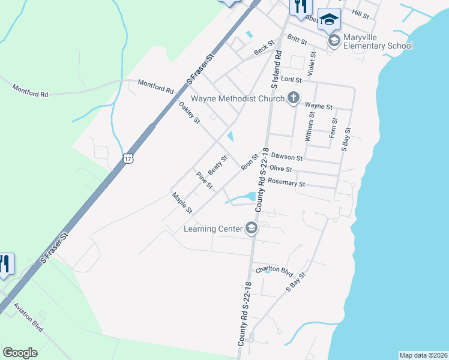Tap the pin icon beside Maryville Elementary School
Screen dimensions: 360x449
(334, 40)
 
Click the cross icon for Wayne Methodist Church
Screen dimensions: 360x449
(293, 98)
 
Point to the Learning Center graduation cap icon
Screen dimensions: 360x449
(252, 228)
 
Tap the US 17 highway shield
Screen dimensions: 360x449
(127, 159)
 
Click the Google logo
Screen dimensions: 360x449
(20, 353)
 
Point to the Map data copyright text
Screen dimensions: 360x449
(423, 355)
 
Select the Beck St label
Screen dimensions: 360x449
(264, 48)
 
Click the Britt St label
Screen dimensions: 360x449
(297, 40)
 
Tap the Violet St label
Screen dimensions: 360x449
(311, 63)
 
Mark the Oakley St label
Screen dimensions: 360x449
(189, 113)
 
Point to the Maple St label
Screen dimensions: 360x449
(181, 203)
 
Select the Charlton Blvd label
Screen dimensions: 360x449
(274, 269)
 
